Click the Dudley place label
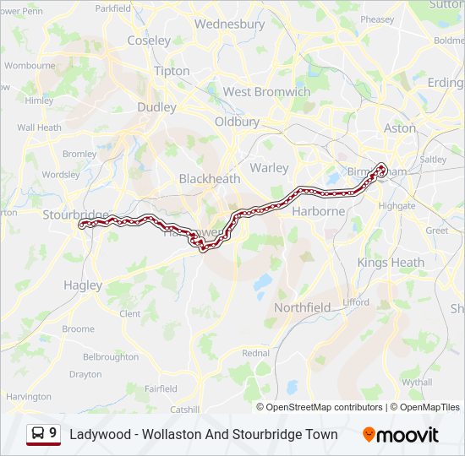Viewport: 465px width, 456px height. coord(157,107)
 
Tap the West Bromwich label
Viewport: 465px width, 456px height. coord(266,91)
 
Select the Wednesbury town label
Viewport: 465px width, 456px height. coord(229,24)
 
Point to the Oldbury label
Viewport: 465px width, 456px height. coord(237,122)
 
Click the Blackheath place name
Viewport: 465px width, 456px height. coord(210,179)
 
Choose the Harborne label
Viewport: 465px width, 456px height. coord(318,211)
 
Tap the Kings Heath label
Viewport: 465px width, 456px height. coord(391,263)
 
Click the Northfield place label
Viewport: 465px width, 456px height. coord(302,307)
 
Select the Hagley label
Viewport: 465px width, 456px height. coord(83,285)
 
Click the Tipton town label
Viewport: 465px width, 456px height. coord(172,71)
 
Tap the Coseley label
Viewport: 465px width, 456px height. coord(149,41)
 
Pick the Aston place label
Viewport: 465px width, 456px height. coord(400,128)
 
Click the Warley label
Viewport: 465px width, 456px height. coord(270,168)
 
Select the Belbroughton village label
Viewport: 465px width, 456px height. coord(111,357)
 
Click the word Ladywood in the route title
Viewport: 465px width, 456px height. coord(100,435)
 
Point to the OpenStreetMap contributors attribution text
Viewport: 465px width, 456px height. coord(320,407)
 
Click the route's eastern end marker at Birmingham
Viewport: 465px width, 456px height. coord(382,168)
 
